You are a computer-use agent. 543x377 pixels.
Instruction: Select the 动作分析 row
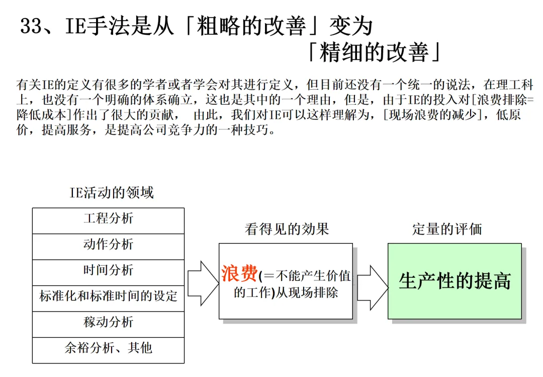click(x=108, y=245)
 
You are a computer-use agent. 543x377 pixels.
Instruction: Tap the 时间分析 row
click(x=108, y=270)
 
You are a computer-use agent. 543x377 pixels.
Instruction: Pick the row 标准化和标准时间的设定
click(x=108, y=296)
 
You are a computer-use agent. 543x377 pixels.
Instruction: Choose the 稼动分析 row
click(x=108, y=322)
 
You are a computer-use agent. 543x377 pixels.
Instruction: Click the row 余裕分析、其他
click(x=108, y=348)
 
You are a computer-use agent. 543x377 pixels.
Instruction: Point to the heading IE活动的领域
click(x=111, y=192)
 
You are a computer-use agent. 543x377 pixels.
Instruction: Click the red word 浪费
click(x=239, y=274)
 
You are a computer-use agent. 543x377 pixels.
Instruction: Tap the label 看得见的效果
click(x=287, y=230)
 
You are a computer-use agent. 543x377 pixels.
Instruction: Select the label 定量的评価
click(x=447, y=230)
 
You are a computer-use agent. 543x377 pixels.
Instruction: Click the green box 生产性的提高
click(x=455, y=281)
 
